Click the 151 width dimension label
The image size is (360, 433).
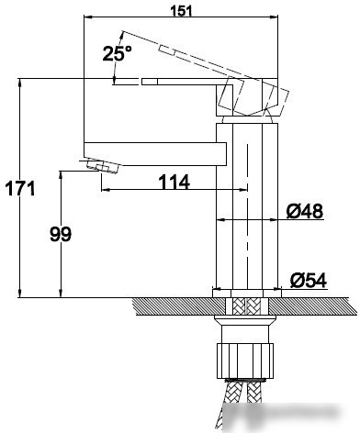click(x=181, y=11)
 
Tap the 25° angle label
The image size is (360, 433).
click(x=117, y=53)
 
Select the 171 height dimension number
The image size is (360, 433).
click(x=20, y=189)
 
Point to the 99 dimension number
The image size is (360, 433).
click(x=61, y=234)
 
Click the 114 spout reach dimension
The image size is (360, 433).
click(x=174, y=183)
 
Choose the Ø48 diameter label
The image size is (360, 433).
click(x=305, y=211)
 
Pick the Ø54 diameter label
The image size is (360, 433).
click(x=309, y=281)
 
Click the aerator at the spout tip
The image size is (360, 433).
click(x=102, y=166)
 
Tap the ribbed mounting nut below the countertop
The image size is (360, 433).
click(x=245, y=361)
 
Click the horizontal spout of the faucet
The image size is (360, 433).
click(x=155, y=154)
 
